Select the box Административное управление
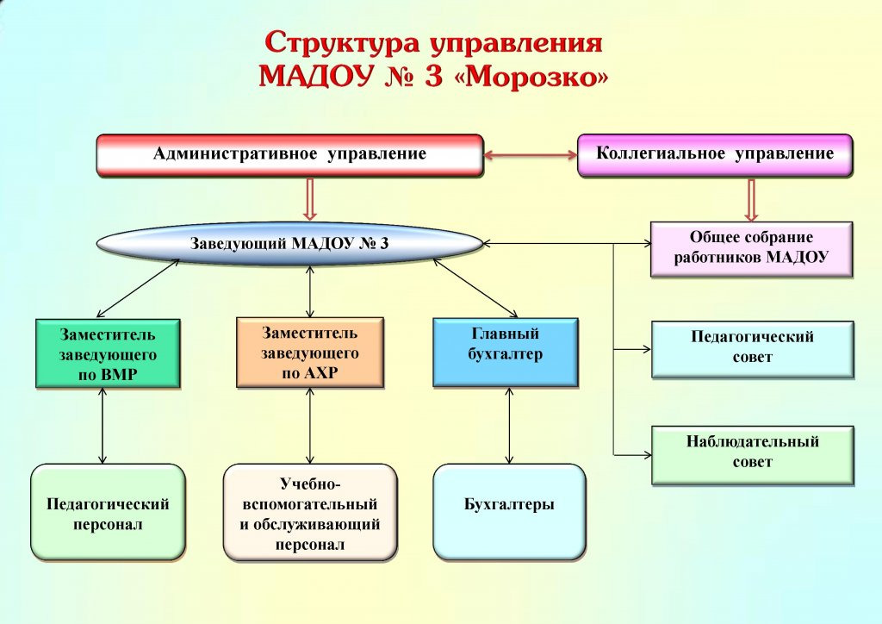(x=289, y=155)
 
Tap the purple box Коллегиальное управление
(x=715, y=155)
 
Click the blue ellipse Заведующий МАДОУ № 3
(x=289, y=244)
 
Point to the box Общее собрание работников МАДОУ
(x=751, y=248)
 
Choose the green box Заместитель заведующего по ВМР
(x=108, y=353)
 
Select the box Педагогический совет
(x=752, y=348)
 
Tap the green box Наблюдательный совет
(x=753, y=453)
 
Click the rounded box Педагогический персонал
(x=108, y=513)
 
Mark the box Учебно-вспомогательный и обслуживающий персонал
(x=310, y=513)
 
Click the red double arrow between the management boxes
(x=530, y=155)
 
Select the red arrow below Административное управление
(x=310, y=200)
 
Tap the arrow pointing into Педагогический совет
(x=632, y=349)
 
